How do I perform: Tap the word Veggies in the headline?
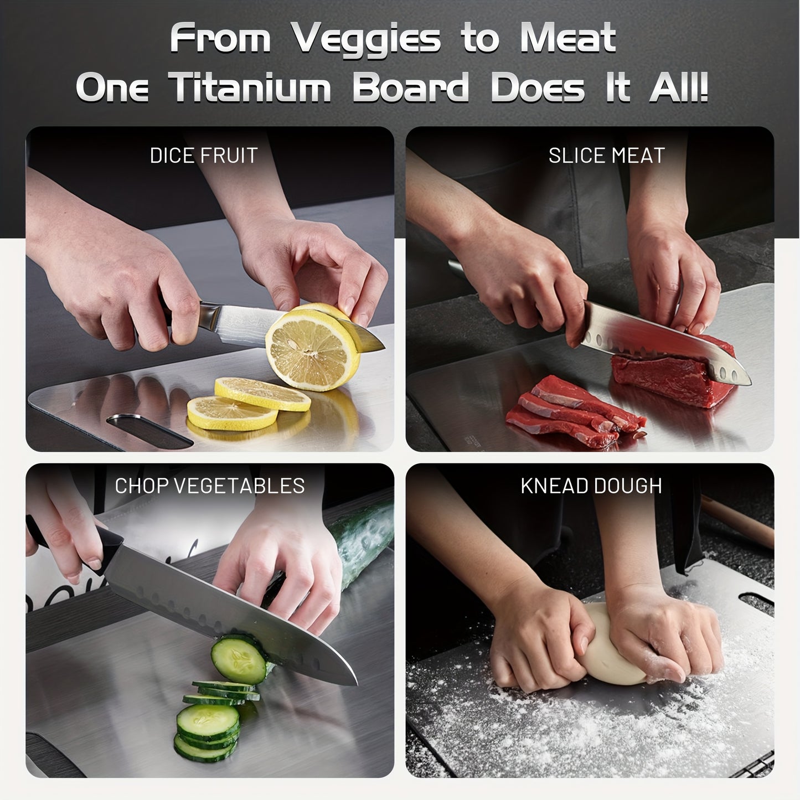pyautogui.click(x=366, y=39)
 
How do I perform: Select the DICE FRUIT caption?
pyautogui.click(x=204, y=156)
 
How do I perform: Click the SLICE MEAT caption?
pyautogui.click(x=606, y=156)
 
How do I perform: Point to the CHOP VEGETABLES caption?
pyautogui.click(x=210, y=486)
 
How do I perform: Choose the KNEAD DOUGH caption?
pyautogui.click(x=591, y=486)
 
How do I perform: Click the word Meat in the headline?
pyautogui.click(x=568, y=39)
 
